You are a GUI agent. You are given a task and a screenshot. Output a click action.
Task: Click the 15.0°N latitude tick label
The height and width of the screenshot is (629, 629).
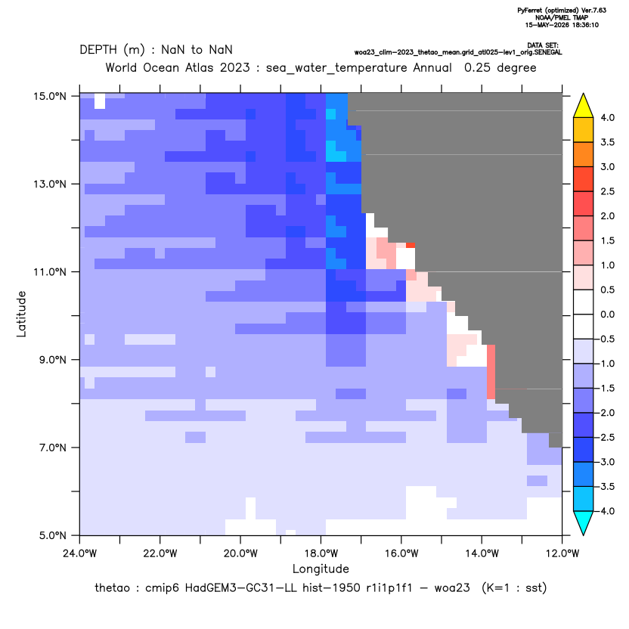(x=50, y=96)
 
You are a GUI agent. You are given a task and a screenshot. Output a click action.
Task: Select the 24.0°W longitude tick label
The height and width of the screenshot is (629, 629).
(x=80, y=553)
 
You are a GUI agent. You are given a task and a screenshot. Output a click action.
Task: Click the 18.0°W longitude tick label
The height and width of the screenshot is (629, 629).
(x=321, y=553)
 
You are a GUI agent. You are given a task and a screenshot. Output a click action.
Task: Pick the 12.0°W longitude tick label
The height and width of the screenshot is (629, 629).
(x=562, y=553)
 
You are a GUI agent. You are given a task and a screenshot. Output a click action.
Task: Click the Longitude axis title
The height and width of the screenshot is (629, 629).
(x=321, y=569)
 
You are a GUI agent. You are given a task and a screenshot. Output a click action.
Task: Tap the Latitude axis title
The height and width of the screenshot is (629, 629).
(x=21, y=314)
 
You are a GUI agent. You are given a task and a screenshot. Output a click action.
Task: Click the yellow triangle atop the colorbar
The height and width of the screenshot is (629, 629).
(x=584, y=106)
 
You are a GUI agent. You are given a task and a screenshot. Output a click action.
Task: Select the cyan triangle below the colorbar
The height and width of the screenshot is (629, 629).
(x=584, y=522)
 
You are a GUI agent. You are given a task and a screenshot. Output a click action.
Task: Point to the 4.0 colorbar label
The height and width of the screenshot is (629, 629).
(x=607, y=118)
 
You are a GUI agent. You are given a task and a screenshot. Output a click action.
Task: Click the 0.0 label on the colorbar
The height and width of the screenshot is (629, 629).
(x=607, y=314)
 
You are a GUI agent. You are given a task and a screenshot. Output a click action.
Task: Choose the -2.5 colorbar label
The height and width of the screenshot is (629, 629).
(x=606, y=437)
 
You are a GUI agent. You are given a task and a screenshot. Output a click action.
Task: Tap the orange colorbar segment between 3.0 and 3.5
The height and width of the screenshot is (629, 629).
(x=584, y=154)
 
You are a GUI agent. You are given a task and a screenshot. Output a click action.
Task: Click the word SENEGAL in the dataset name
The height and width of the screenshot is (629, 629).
(x=549, y=53)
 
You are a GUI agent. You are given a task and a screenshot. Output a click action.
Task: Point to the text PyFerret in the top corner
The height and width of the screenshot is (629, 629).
(x=530, y=11)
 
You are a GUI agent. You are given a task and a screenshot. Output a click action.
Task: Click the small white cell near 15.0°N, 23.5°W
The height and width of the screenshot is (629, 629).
(x=100, y=101)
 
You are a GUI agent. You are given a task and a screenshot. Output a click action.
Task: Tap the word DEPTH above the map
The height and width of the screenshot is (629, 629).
(x=98, y=50)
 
